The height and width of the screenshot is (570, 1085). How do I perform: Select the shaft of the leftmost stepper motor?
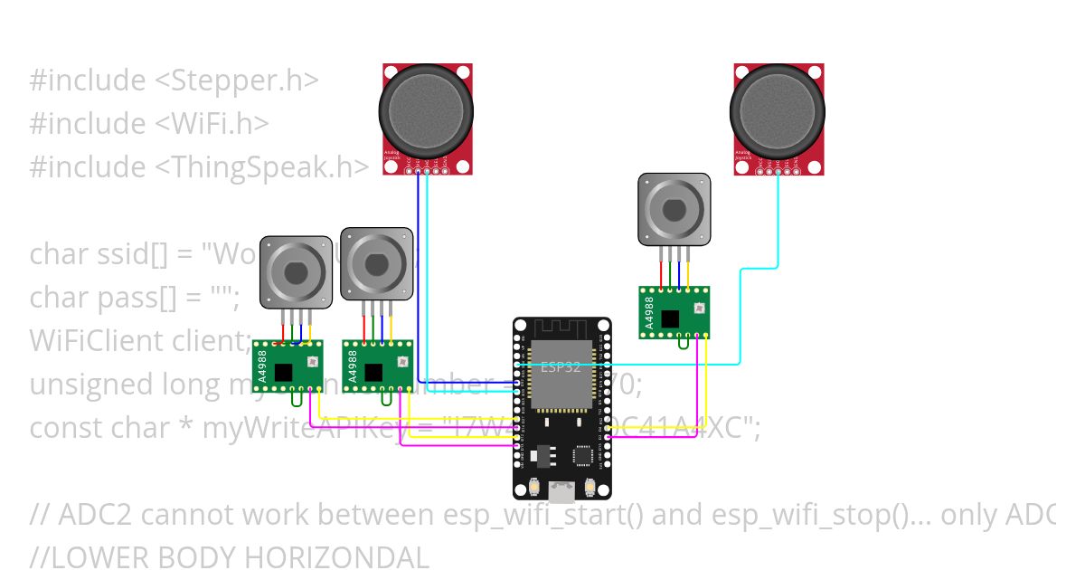296,271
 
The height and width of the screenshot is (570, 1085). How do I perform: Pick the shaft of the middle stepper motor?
376,264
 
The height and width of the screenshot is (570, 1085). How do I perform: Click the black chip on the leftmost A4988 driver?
284,371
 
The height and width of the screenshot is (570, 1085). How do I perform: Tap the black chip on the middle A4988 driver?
373,371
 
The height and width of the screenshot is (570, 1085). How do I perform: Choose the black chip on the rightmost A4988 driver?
670,318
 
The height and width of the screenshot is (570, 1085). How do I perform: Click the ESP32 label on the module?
561,367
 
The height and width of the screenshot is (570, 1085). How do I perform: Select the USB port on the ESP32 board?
562,492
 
